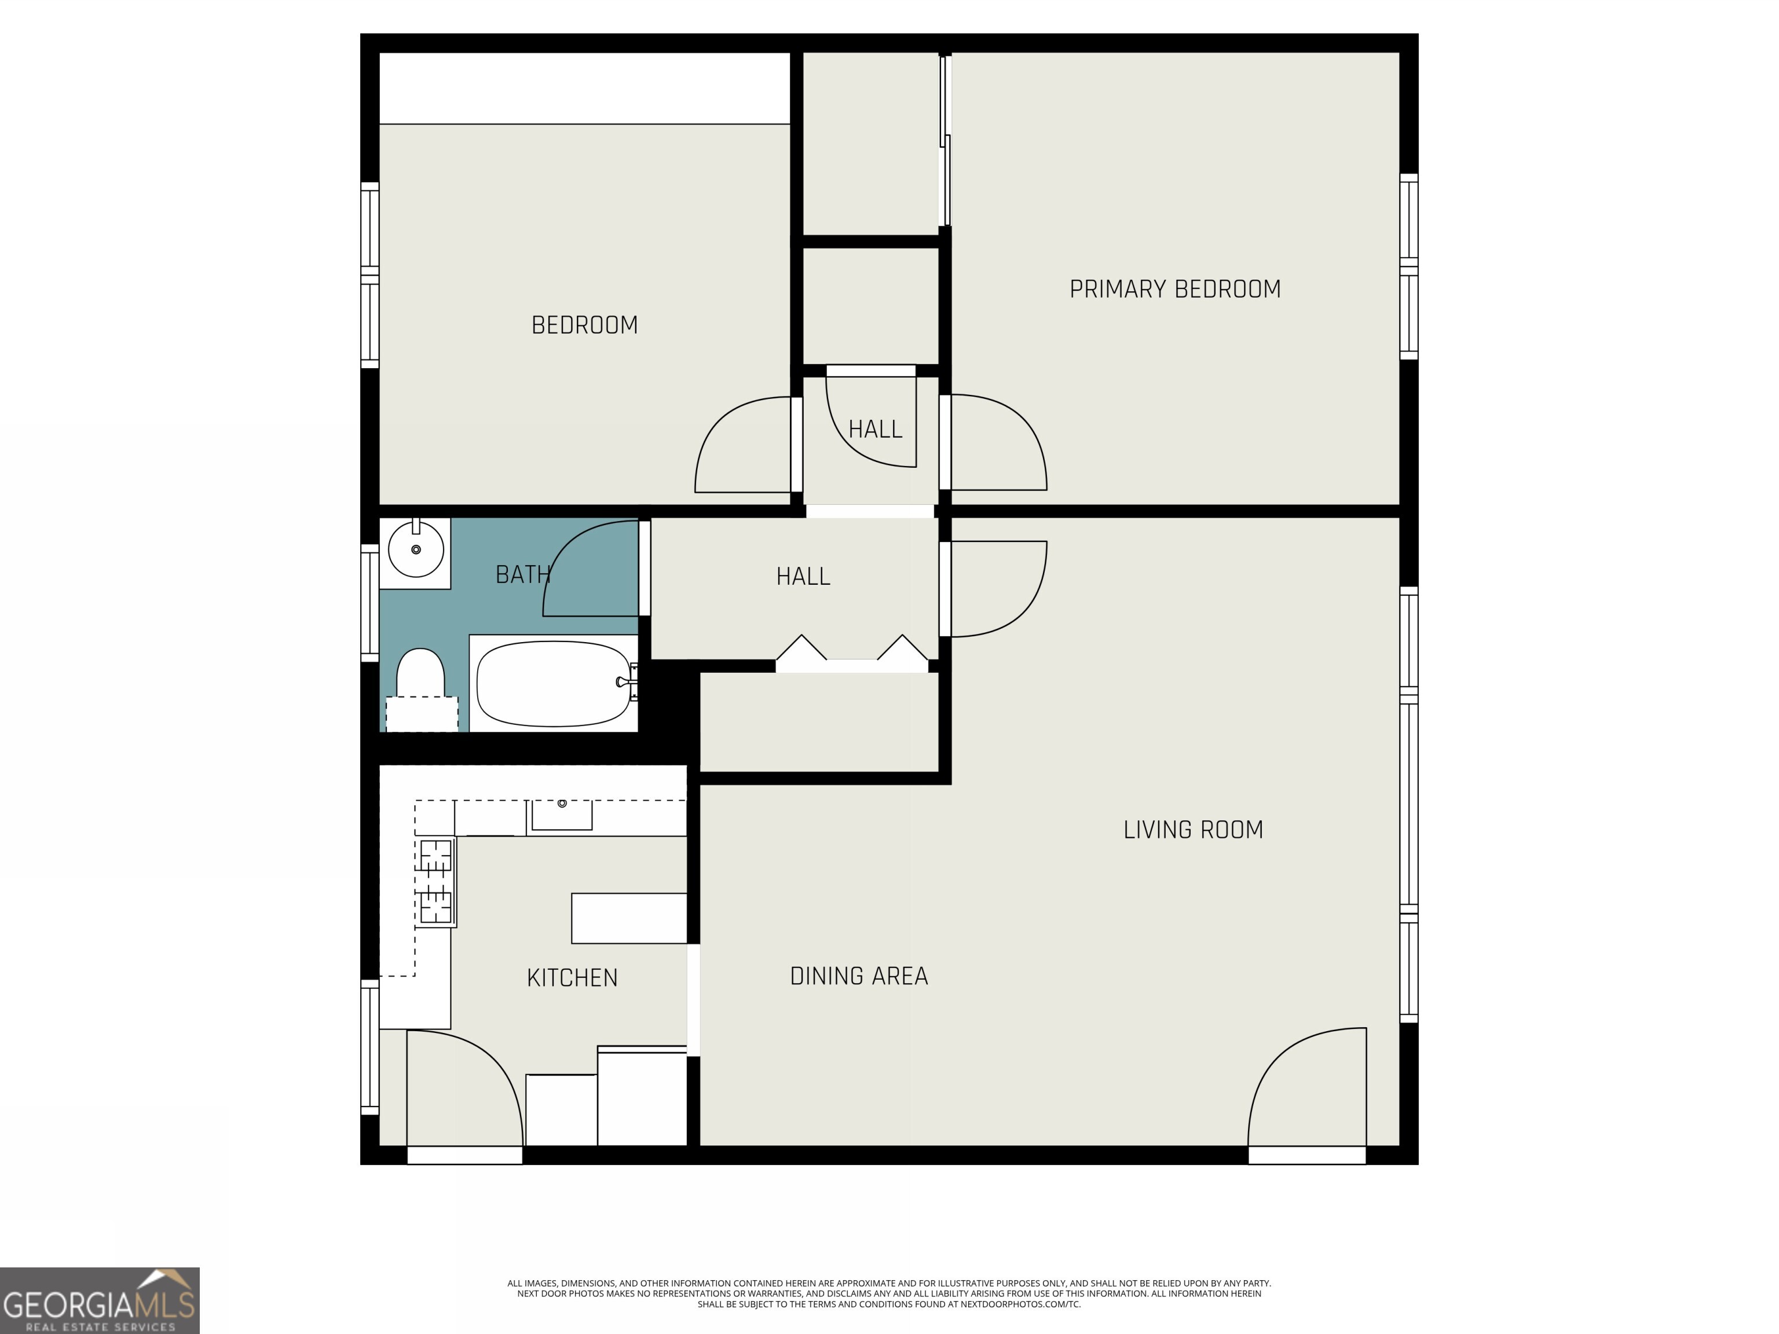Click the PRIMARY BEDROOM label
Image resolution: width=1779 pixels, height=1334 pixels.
(1174, 289)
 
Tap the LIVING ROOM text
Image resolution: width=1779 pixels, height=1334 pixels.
(1193, 830)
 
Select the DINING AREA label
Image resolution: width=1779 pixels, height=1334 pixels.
(858, 976)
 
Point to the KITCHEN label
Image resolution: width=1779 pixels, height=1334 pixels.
(572, 978)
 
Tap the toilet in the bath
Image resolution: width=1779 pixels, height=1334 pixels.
(420, 683)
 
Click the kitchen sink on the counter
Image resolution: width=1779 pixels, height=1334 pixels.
(561, 815)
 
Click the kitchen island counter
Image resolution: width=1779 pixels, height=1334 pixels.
(629, 918)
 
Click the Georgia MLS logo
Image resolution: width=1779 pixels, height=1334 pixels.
(99, 1301)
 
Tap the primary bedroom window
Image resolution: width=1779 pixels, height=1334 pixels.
(1408, 267)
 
